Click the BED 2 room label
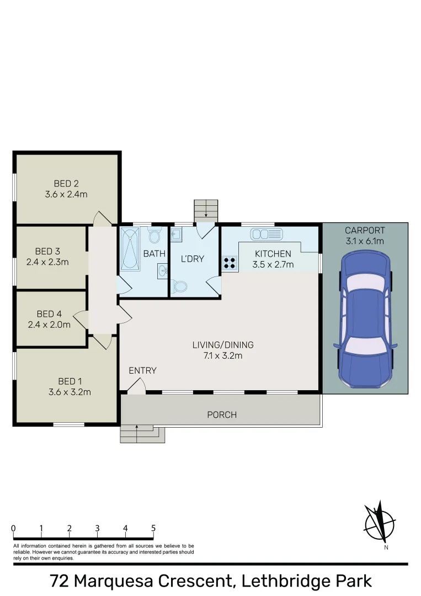pyautogui.click(x=66, y=184)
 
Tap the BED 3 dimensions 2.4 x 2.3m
pyautogui.click(x=47, y=262)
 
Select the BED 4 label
pyautogui.click(x=50, y=315)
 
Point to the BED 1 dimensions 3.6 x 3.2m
pyautogui.click(x=70, y=392)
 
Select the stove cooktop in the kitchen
pyautogui.click(x=230, y=264)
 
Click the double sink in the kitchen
pyautogui.click(x=267, y=234)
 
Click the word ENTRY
pyautogui.click(x=142, y=370)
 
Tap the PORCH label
pyautogui.click(x=222, y=414)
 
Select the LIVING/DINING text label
pyautogui.click(x=223, y=345)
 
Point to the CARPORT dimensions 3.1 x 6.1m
pyautogui.click(x=365, y=241)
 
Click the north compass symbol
pyautogui.click(x=380, y=522)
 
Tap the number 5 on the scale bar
pyautogui.click(x=153, y=528)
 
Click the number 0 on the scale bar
pyautogui.click(x=13, y=528)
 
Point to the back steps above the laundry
pyautogui.click(x=206, y=210)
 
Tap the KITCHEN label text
pyautogui.click(x=273, y=254)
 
